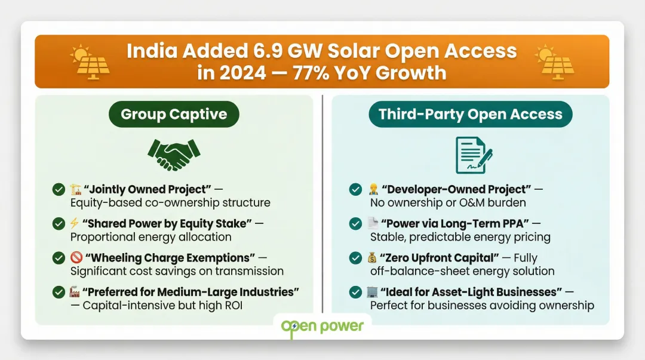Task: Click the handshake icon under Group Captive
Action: pos(173,155)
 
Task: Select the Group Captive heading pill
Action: pos(174,114)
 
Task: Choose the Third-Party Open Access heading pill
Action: pos(471,114)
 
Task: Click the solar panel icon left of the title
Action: pos(90,62)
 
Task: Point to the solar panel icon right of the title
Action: pos(555,62)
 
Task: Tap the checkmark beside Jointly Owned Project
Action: pos(59,190)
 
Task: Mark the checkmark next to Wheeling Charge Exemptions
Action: pos(59,258)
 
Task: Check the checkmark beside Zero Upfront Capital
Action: pos(355,258)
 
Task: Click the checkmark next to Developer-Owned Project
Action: pos(355,190)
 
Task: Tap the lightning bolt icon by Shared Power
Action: pos(75,224)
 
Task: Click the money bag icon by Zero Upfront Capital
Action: pos(373,258)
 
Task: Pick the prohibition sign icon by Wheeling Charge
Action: pos(75,258)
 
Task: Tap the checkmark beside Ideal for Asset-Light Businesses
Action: pos(355,293)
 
